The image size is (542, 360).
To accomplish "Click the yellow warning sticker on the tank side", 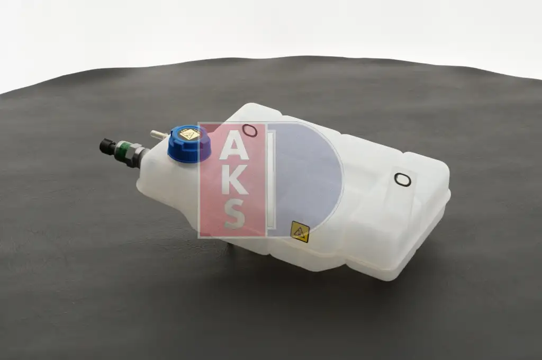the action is (300, 231).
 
